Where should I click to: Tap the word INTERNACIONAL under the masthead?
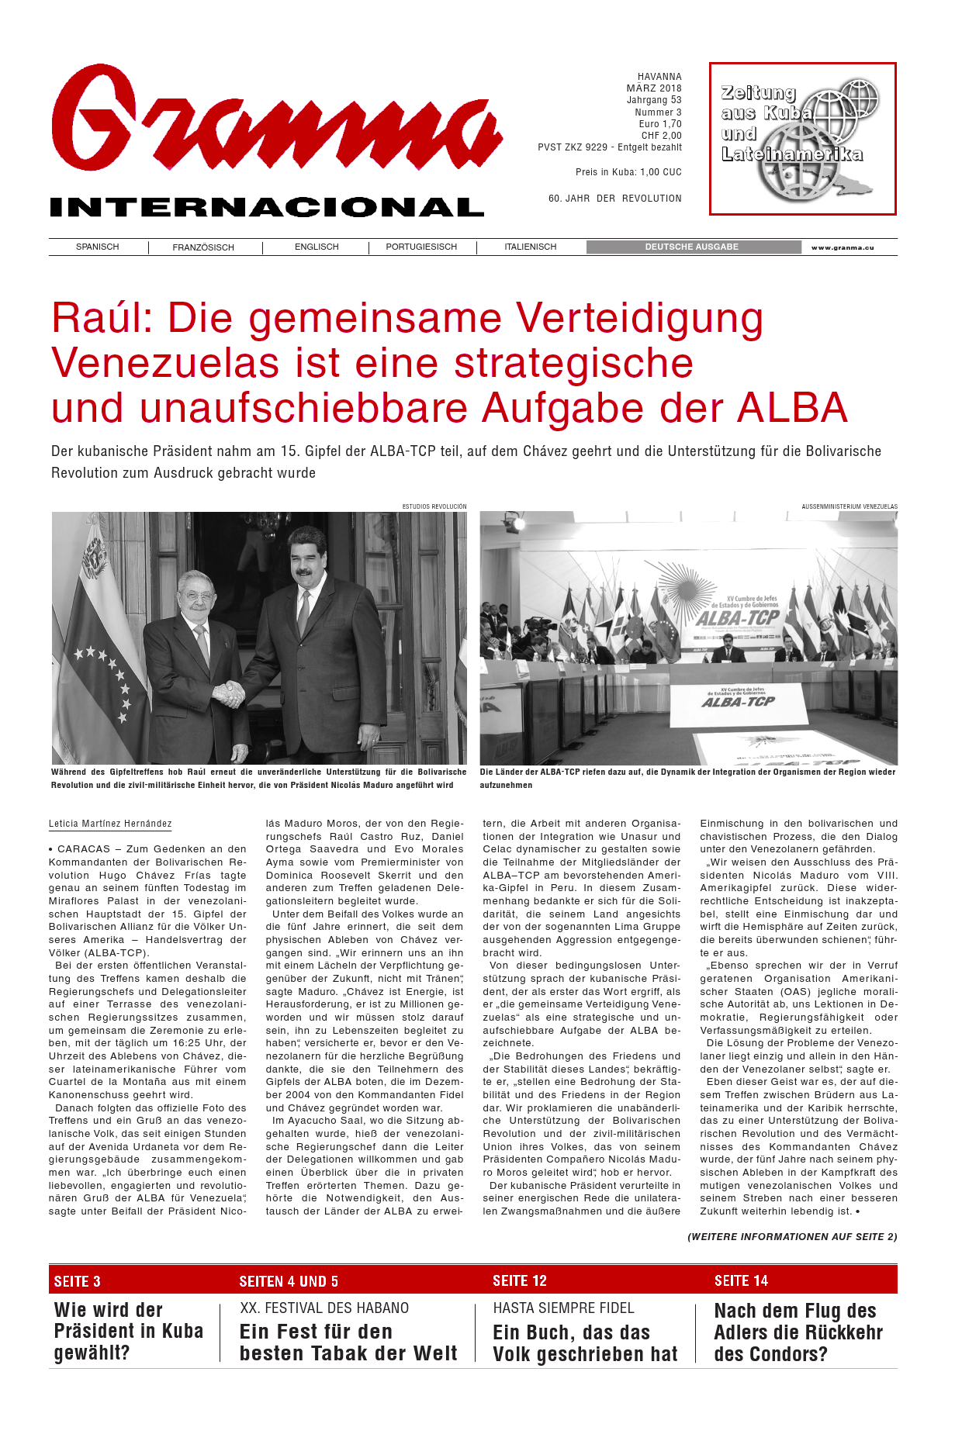point(267,207)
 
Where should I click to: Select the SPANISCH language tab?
point(98,247)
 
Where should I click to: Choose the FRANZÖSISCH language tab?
point(203,247)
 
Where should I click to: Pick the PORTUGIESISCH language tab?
point(421,247)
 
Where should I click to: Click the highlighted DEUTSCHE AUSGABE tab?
point(692,247)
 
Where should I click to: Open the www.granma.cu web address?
point(843,247)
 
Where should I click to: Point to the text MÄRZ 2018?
point(654,88)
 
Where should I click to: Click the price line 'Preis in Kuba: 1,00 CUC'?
point(628,172)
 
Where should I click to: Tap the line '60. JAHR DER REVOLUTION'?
point(615,199)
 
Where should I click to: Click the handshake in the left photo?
point(230,693)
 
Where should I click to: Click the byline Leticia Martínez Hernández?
point(110,824)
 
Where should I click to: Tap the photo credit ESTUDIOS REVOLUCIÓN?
point(434,506)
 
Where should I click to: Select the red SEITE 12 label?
point(520,1280)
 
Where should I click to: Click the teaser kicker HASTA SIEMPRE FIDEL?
point(564,1308)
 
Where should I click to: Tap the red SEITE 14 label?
point(741,1280)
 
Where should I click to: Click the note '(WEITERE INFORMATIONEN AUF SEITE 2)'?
point(792,1236)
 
